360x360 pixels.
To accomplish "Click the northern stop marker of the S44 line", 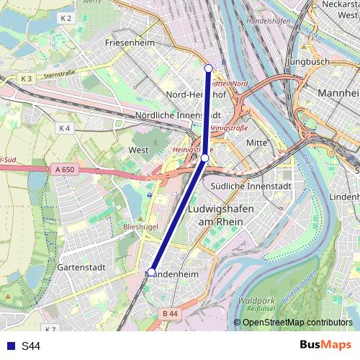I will (209, 68).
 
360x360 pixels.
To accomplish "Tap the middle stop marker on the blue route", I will (204, 157).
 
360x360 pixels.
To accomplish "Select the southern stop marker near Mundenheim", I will (151, 272).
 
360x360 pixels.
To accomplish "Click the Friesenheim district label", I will (130, 42).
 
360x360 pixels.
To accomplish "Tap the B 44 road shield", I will (170, 313).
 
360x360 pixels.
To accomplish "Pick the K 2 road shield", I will (67, 17).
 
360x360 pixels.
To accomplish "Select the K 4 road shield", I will (64, 128).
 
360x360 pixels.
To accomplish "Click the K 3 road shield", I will (27, 77).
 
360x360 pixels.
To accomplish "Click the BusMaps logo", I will (325, 346).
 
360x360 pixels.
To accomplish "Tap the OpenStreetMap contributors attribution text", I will (297, 323).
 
